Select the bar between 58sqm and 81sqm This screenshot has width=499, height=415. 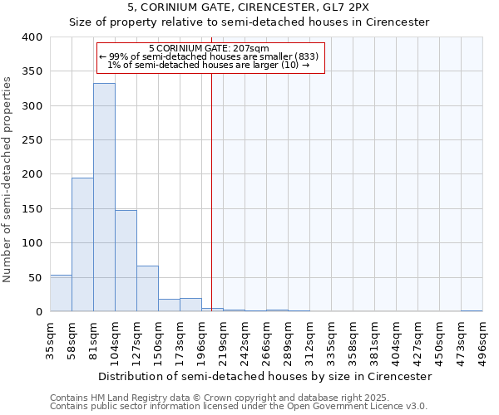82,245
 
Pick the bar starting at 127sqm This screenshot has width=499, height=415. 147,289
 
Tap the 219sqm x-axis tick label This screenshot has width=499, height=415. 223,338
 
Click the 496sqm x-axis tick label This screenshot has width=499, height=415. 482,338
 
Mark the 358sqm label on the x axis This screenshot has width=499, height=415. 353,338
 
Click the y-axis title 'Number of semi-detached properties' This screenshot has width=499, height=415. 7,178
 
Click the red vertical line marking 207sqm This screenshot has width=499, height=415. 211,207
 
